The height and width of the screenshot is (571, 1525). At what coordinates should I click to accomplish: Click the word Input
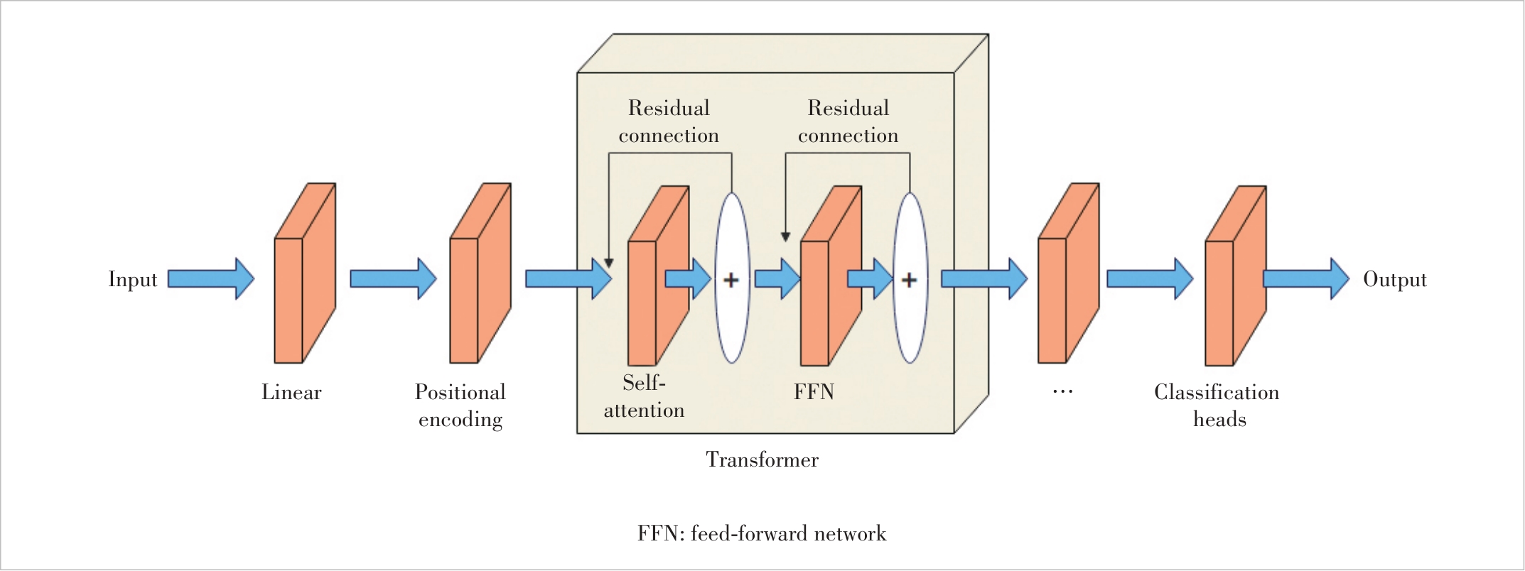coord(132,279)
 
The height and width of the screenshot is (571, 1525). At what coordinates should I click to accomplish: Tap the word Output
coord(1394,279)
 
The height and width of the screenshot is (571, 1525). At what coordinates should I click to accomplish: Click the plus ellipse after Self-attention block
coord(732,279)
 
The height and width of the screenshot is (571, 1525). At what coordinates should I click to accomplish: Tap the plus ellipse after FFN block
coord(910,279)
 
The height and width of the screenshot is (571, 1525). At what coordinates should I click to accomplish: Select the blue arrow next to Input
coord(210,278)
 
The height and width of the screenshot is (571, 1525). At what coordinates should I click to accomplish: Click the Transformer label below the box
coord(762,459)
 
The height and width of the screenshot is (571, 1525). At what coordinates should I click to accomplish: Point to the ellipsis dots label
coord(1062,391)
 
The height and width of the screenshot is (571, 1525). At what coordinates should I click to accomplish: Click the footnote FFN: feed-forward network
coord(762,533)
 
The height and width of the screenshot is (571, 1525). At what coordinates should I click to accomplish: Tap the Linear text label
coord(291,392)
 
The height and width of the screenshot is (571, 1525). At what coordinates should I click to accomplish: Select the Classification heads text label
coord(1217,406)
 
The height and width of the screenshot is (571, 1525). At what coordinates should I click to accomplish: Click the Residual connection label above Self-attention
coord(669,121)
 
